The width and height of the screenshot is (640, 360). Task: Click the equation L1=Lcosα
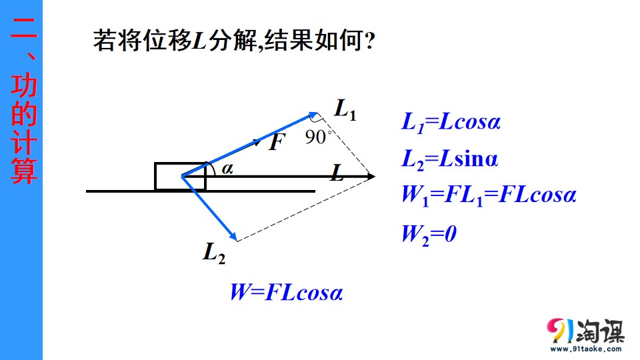(451, 121)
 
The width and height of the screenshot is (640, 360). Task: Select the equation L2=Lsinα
(450, 159)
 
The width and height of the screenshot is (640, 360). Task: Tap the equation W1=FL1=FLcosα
(489, 195)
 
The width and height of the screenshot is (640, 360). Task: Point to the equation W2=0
(429, 234)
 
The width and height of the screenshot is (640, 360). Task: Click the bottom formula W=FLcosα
(286, 292)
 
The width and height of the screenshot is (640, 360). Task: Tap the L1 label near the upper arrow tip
(345, 109)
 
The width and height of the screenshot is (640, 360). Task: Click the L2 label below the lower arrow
(214, 253)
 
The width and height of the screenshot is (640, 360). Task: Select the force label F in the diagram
(277, 142)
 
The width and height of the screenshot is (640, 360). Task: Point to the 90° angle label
(317, 137)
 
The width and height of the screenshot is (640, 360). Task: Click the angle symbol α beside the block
(227, 168)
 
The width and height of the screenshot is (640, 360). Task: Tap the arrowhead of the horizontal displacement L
(371, 176)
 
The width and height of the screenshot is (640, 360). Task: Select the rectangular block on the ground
(180, 176)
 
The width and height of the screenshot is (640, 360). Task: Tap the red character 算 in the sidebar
(24, 170)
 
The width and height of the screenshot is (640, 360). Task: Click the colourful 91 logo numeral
(559, 329)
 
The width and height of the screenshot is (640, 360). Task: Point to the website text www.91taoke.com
(586, 349)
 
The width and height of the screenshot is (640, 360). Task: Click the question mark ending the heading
(369, 41)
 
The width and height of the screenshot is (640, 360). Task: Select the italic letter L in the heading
(199, 41)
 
